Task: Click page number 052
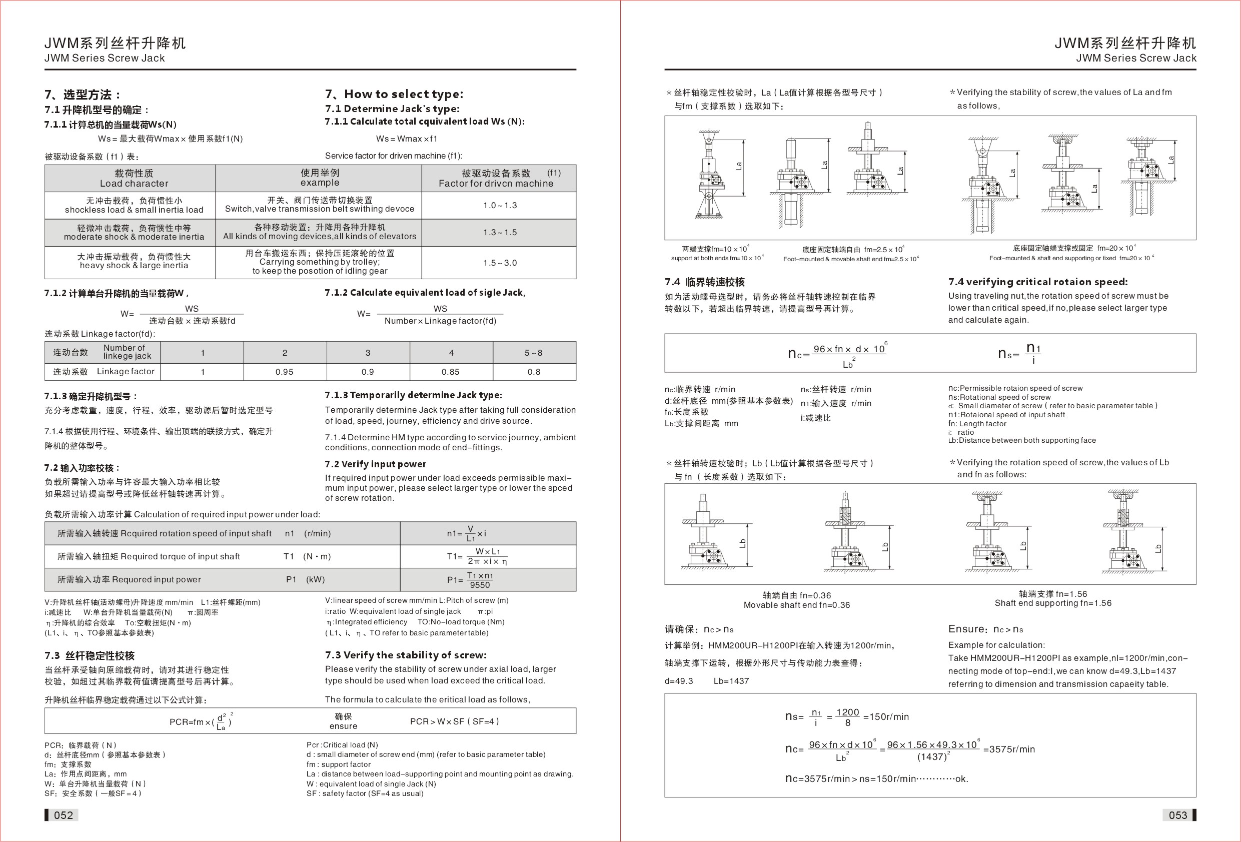click(63, 815)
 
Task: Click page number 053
click(1177, 815)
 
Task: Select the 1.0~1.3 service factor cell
click(500, 205)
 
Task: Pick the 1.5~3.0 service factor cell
click(500, 263)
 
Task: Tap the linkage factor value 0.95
click(285, 372)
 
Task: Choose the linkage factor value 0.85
click(451, 372)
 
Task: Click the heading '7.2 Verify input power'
click(375, 464)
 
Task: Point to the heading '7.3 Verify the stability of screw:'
click(406, 655)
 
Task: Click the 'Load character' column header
click(134, 183)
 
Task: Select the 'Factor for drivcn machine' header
click(496, 183)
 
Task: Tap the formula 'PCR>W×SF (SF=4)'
click(454, 721)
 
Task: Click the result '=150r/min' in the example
click(886, 716)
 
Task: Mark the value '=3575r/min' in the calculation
click(1009, 749)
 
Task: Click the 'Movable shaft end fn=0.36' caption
click(797, 605)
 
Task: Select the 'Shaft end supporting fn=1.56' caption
click(1053, 603)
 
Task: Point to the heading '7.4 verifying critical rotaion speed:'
click(1038, 282)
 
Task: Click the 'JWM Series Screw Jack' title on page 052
click(105, 58)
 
